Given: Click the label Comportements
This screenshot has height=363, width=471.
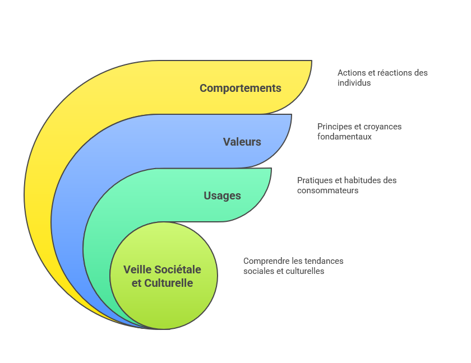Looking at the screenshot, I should [x=240, y=88].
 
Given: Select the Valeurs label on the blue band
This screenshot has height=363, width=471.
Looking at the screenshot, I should [x=242, y=142].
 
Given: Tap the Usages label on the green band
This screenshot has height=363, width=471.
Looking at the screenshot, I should [x=222, y=196].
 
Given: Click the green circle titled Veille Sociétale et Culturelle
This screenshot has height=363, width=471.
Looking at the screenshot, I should [x=163, y=302].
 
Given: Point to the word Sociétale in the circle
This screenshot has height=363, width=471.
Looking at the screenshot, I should [x=178, y=269].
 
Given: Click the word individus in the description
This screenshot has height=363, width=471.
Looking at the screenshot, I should [x=354, y=83].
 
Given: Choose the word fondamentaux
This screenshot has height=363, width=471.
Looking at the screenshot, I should [x=344, y=137].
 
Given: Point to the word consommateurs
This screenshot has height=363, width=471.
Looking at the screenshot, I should [x=327, y=190].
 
